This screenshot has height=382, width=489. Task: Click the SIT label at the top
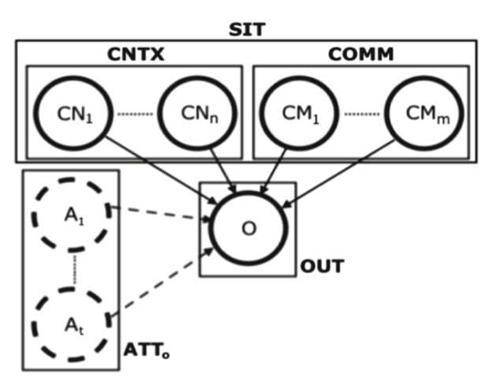(247, 29)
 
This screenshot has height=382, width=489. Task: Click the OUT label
(322, 267)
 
